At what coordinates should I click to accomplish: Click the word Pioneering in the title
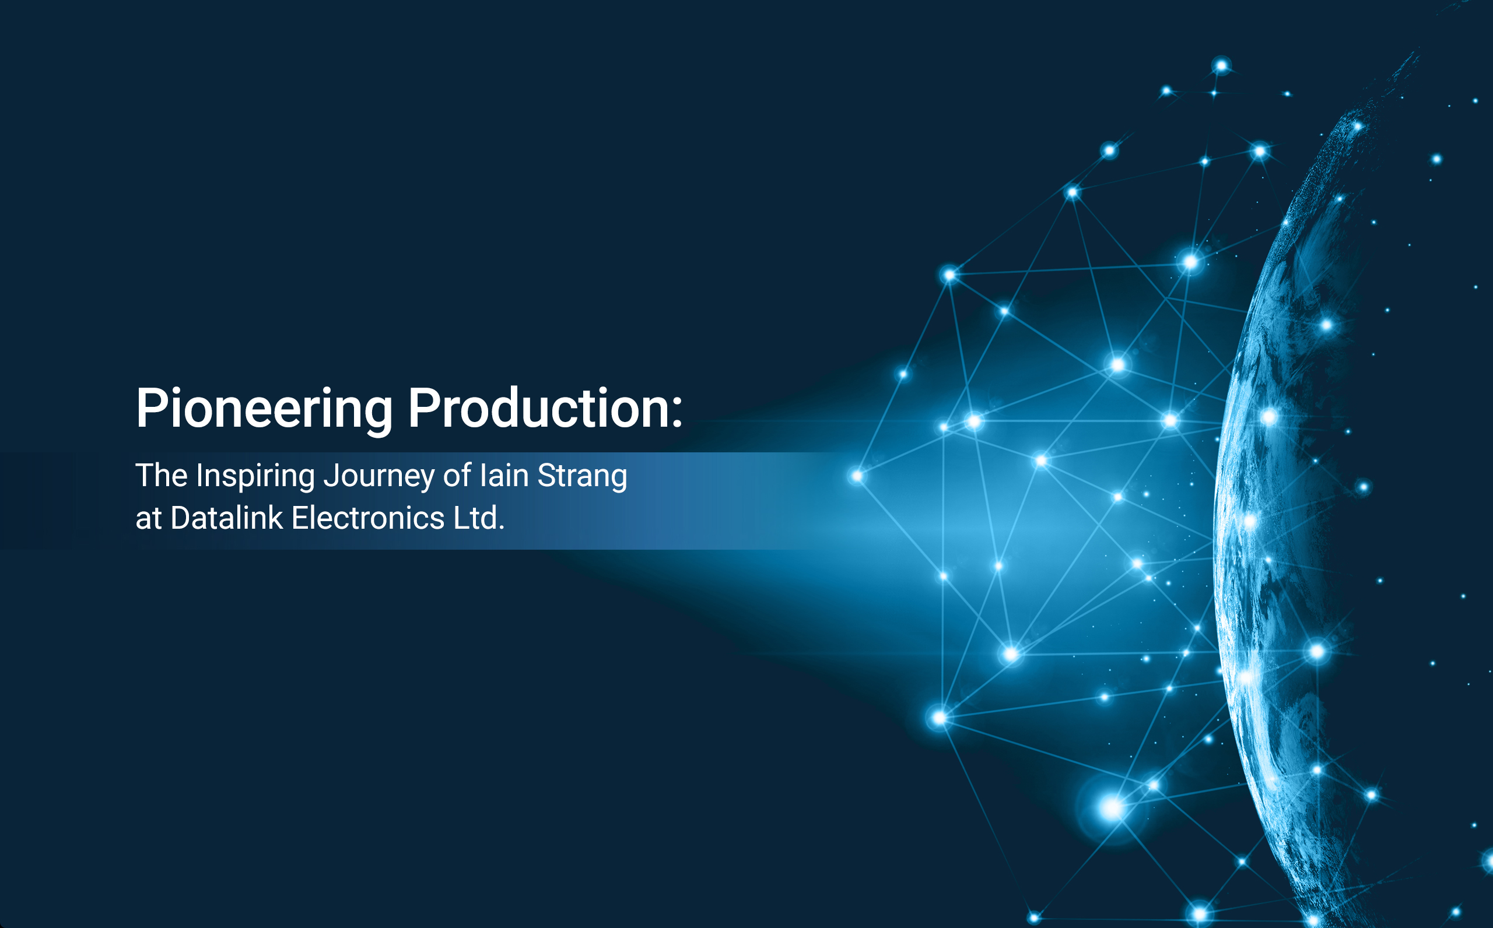pos(264,409)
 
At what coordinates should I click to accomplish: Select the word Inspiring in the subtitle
pos(255,476)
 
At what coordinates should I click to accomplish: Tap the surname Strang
pos(582,476)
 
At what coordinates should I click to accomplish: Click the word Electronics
pos(368,518)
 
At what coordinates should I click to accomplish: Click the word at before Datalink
pos(148,519)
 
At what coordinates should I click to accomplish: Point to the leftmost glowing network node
pos(857,476)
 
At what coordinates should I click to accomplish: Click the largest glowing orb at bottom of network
pos(1112,808)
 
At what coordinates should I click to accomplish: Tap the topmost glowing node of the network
pos(1221,66)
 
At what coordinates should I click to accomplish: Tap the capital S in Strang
pos(546,475)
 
